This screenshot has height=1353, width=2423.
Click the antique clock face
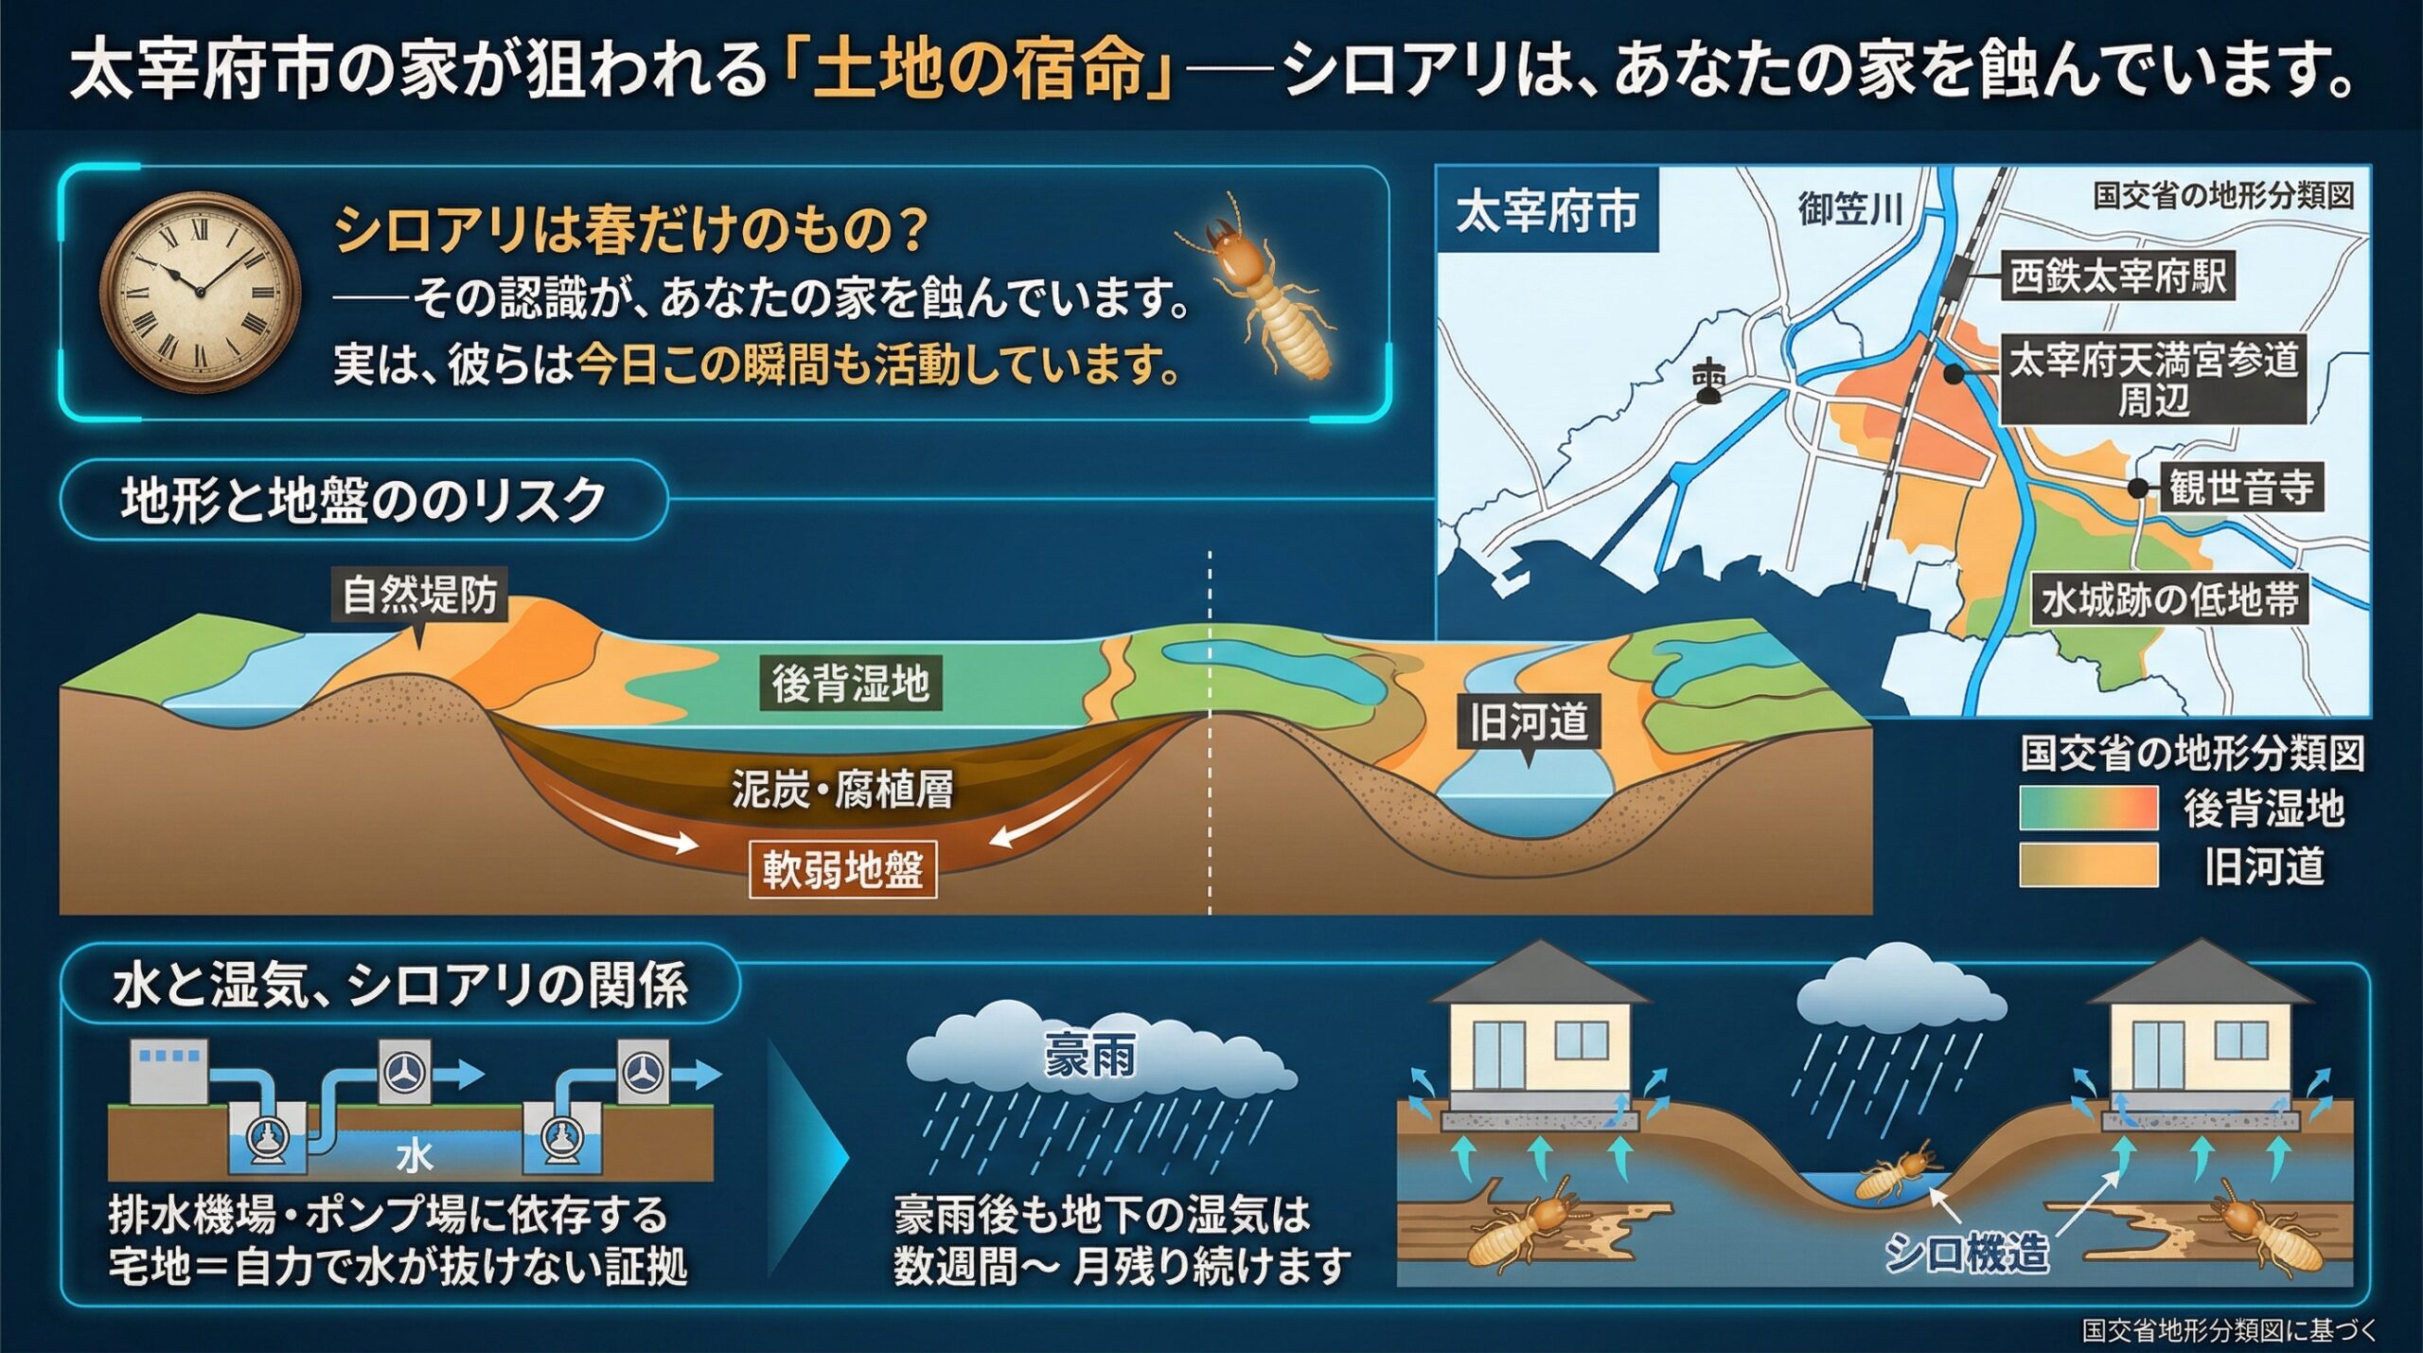201,291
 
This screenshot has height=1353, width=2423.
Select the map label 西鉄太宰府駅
2118,276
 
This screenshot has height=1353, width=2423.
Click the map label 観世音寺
2241,488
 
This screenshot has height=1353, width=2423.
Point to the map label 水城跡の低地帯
2169,599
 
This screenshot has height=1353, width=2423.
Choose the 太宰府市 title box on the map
1547,210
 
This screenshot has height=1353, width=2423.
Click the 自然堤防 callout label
419,596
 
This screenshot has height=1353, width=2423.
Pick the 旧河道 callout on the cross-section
1529,721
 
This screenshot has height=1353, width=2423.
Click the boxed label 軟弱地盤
842,869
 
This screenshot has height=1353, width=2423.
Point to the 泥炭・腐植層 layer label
842,789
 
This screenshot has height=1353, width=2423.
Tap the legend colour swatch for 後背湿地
2088,808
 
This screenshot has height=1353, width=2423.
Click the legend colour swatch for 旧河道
2088,865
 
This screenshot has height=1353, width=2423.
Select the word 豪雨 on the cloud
1089,1056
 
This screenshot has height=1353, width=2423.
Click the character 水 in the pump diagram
415,1156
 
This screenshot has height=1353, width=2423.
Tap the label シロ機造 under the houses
1966,1253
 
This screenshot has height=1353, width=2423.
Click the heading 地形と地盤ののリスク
363,500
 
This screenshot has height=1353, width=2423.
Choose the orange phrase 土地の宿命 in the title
979,72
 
